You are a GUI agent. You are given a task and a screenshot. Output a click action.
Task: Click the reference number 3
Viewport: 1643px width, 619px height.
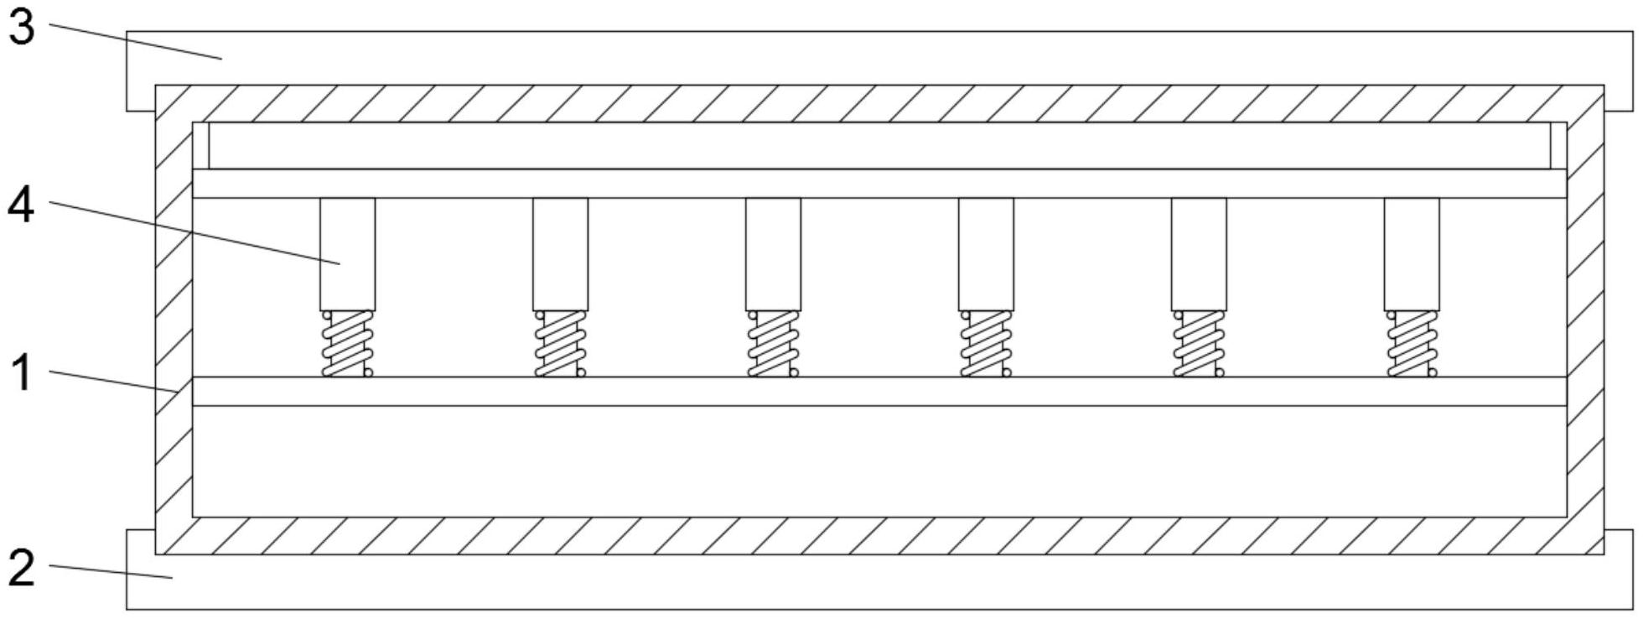click(x=21, y=27)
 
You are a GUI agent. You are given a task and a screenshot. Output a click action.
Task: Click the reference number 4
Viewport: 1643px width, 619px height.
click(x=21, y=205)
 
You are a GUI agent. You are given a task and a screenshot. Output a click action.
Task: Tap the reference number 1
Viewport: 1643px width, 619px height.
click(x=21, y=372)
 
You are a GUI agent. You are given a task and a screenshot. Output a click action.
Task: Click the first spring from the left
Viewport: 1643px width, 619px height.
click(x=347, y=344)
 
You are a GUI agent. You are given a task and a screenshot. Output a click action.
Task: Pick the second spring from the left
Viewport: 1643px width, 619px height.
click(x=560, y=344)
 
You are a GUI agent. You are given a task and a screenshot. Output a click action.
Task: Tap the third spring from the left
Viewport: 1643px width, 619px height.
click(x=773, y=344)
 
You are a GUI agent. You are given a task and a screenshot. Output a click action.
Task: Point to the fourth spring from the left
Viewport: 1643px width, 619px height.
click(x=986, y=344)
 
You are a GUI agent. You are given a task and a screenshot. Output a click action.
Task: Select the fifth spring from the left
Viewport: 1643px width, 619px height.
click(x=1199, y=344)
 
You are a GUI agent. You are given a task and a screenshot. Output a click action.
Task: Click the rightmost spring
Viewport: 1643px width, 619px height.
click(x=1412, y=344)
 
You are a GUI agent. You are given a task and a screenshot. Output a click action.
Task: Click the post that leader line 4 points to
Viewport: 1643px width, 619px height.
click(x=347, y=254)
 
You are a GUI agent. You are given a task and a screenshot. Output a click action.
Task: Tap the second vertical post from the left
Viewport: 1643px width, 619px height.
click(x=560, y=254)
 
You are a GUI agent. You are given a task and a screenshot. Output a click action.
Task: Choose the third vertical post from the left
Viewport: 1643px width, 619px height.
click(x=773, y=254)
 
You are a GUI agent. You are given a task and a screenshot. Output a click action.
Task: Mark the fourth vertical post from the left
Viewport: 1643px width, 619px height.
click(x=986, y=254)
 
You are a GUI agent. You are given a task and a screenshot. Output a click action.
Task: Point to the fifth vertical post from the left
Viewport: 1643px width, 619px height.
click(x=1199, y=254)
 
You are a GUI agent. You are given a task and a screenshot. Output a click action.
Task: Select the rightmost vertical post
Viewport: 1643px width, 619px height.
click(x=1412, y=254)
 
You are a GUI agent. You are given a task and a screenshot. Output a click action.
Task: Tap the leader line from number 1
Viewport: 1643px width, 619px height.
click(x=113, y=381)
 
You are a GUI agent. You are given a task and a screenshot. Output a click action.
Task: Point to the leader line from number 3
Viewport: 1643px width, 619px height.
click(x=134, y=41)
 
